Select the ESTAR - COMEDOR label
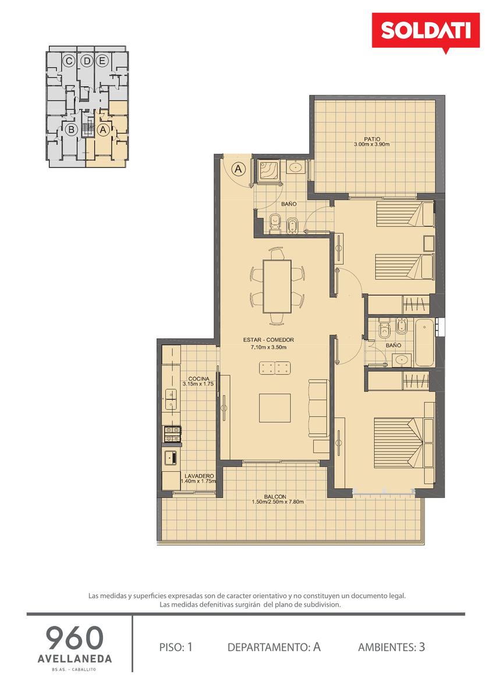268,340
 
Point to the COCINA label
198,379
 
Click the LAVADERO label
199,476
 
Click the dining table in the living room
277,286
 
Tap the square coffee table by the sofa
275,408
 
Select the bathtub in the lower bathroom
424,343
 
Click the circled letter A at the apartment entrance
239,169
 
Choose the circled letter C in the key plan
68,62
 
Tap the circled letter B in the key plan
72,129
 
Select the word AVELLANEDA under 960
75,658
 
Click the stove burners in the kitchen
172,435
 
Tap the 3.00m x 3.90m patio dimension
372,144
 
